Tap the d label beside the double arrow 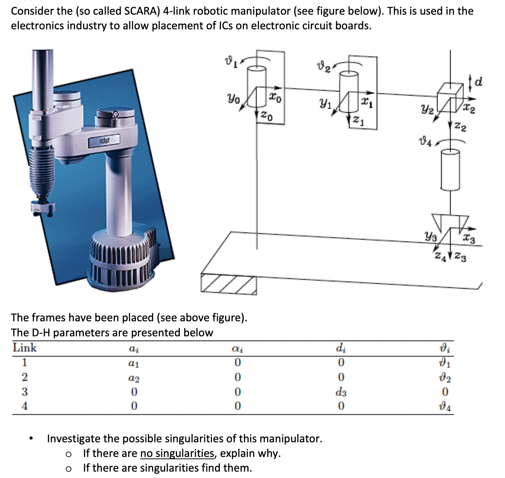[x=479, y=81]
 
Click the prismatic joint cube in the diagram [x=449, y=94]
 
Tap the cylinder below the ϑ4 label [x=450, y=169]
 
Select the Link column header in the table [x=24, y=348]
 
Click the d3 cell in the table [x=340, y=392]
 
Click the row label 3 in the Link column [x=24, y=392]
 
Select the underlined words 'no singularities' [x=177, y=453]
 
